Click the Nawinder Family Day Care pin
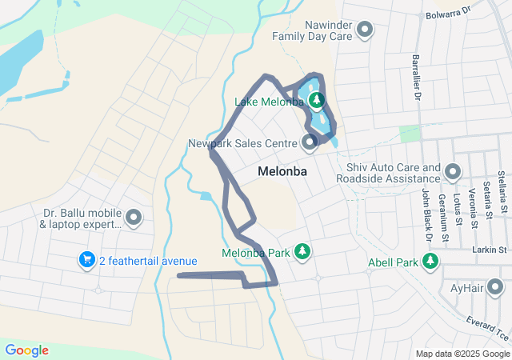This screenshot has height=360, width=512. pyautogui.click(x=366, y=30)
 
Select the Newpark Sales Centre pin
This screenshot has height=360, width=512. pyautogui.click(x=310, y=143)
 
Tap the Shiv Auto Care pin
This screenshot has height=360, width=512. pyautogui.click(x=453, y=172)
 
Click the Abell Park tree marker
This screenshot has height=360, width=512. pyautogui.click(x=430, y=261)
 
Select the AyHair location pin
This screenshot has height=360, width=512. pyautogui.click(x=496, y=287)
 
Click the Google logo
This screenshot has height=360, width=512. pyautogui.click(x=26, y=350)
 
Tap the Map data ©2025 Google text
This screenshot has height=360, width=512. pyautogui.click(x=462, y=354)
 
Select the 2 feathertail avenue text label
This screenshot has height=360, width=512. pyautogui.click(x=148, y=261)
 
